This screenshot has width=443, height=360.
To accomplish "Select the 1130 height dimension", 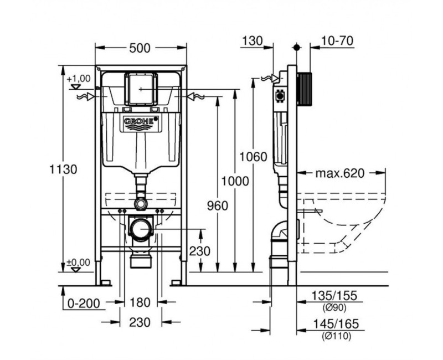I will tap(63, 169).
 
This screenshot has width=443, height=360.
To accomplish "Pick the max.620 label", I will tap(340, 174).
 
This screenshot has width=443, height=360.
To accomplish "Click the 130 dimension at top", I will tap(253, 40).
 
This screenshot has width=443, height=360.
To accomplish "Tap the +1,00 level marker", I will tap(78, 79).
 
